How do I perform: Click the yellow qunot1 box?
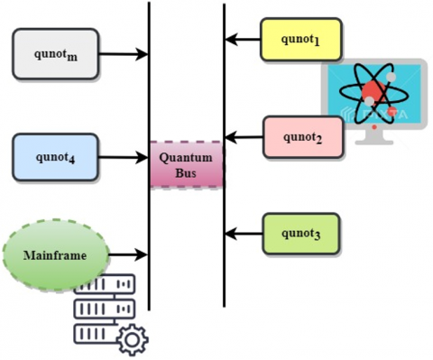point(301,40)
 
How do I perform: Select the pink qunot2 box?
point(303,137)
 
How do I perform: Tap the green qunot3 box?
point(301,234)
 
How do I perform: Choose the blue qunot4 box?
point(55,157)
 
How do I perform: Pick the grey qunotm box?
point(55,54)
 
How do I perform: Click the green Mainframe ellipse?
point(56,255)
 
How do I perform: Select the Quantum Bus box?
point(187,164)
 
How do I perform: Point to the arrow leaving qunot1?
point(243,40)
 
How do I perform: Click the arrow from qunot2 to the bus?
point(244,137)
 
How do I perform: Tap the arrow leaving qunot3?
point(244,234)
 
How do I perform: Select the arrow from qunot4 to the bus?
point(123,157)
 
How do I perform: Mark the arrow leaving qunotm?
point(123,54)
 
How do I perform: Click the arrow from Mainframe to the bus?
point(128,254)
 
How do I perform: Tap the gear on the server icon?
point(133,340)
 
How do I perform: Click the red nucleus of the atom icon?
point(373,92)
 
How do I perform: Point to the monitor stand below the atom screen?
point(374,137)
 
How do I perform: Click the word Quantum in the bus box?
point(186,158)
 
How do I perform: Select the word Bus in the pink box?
point(186,173)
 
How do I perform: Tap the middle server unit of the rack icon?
point(105,309)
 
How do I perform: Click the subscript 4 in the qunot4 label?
point(71,160)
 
